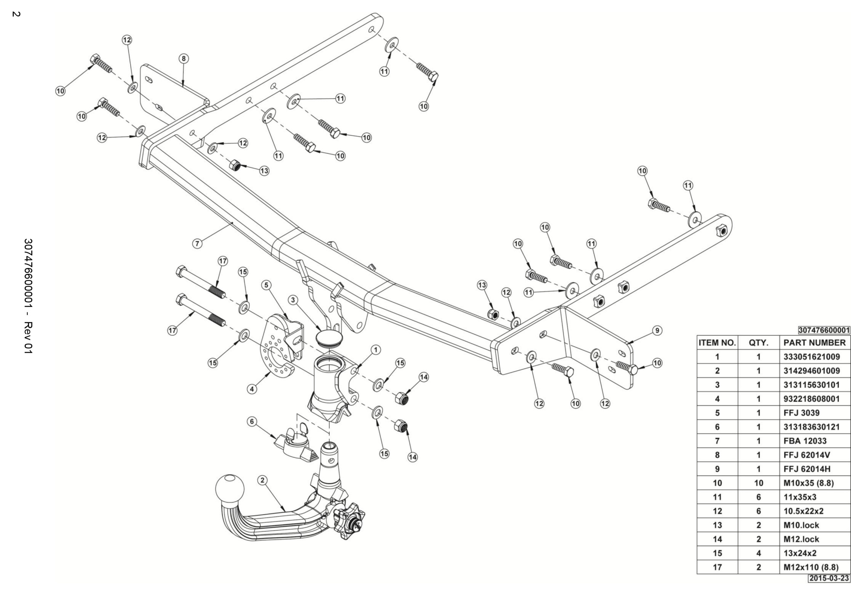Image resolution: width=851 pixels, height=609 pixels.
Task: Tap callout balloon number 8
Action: pyautogui.click(x=183, y=58)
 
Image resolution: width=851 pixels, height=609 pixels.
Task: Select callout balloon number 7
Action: pyautogui.click(x=197, y=243)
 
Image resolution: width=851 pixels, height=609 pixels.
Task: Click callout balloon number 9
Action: pyautogui.click(x=657, y=330)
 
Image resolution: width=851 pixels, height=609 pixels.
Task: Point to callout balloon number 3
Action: pyautogui.click(x=293, y=300)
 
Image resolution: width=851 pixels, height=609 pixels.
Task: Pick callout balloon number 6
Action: pyautogui.click(x=252, y=421)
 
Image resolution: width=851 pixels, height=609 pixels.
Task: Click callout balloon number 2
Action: pyautogui.click(x=263, y=480)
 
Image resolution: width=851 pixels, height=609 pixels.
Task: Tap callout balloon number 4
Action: pyautogui.click(x=253, y=389)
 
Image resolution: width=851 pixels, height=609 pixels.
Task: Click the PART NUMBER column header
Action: pyautogui.click(x=814, y=343)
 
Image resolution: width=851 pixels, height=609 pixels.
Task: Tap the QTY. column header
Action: pyautogui.click(x=758, y=343)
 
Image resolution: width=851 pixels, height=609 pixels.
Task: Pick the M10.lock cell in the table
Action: pyautogui.click(x=801, y=525)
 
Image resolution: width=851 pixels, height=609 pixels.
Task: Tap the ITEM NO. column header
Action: pyautogui.click(x=717, y=343)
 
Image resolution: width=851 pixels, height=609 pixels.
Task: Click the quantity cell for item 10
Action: pyautogui.click(x=758, y=483)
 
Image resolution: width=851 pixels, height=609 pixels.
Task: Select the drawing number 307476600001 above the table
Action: pyautogui.click(x=824, y=330)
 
